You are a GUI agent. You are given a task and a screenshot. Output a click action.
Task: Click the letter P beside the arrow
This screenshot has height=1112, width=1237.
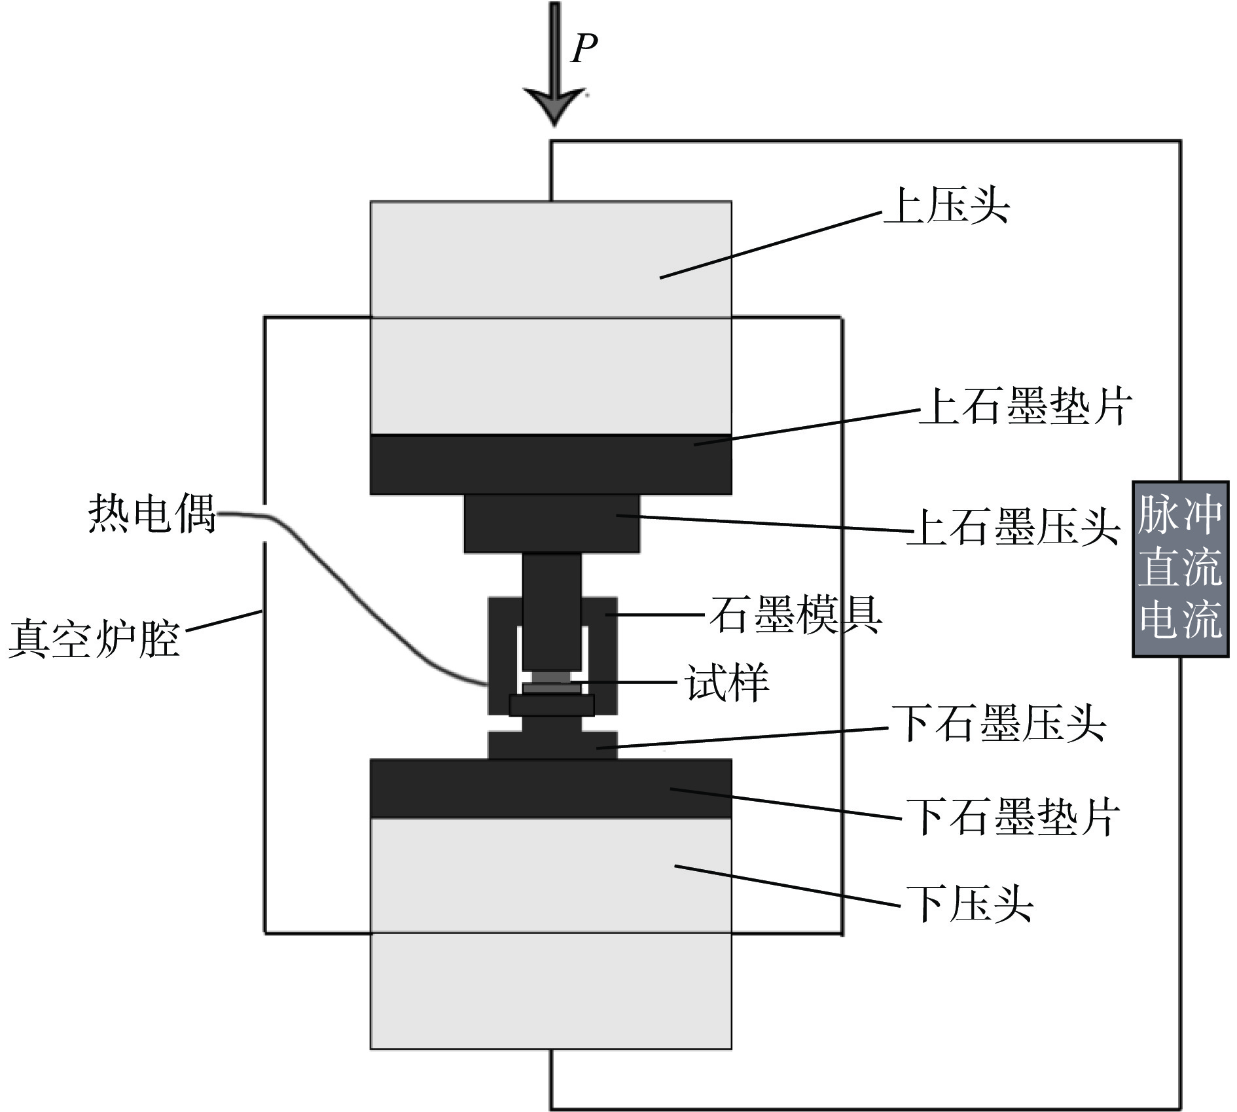[x=584, y=48]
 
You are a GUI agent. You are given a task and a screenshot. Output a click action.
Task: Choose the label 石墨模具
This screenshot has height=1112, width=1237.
[x=796, y=615]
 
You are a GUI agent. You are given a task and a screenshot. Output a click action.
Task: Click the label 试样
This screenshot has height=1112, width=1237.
[x=726, y=682]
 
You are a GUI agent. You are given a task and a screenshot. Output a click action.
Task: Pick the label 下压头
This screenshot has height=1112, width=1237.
[x=969, y=904]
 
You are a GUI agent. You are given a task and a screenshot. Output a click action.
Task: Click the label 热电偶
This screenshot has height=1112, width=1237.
[x=152, y=512]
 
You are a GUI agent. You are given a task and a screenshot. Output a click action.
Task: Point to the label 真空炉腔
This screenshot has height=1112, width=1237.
[x=94, y=638]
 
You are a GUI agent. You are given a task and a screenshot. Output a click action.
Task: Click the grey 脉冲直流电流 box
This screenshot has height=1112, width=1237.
[x=1180, y=568]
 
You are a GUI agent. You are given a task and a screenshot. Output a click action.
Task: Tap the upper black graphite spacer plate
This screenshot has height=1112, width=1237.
[x=550, y=464]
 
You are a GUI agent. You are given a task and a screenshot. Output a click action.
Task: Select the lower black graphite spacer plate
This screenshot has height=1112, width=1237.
[x=550, y=788]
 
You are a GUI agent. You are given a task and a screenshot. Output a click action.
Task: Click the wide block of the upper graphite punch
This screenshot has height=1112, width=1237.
[x=551, y=523]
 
